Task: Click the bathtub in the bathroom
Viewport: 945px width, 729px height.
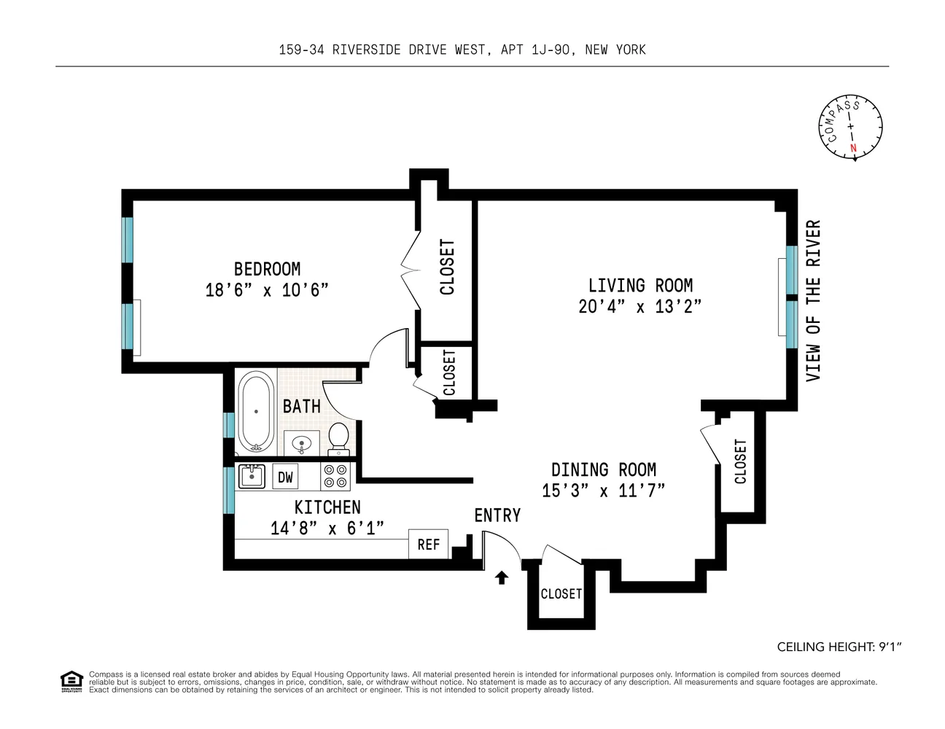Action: (x=256, y=411)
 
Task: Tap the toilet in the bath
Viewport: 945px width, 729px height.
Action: (x=338, y=439)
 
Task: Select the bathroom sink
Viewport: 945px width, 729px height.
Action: (x=301, y=443)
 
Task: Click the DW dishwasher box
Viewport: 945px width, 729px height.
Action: (x=285, y=477)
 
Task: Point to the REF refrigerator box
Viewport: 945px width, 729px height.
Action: (x=428, y=544)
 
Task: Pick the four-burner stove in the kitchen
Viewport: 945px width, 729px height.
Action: (x=335, y=476)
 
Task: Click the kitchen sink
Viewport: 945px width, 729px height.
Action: (x=252, y=477)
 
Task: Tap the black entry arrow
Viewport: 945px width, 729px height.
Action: (x=502, y=577)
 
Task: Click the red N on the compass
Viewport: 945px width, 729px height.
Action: (x=853, y=148)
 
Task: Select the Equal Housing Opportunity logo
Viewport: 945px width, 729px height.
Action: (x=71, y=682)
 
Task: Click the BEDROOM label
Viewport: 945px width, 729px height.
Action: (x=267, y=269)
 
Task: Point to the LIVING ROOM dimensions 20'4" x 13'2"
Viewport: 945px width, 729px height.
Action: (x=639, y=306)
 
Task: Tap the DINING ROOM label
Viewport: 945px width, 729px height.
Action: (x=604, y=470)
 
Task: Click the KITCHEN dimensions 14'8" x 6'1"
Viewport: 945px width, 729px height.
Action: (x=327, y=529)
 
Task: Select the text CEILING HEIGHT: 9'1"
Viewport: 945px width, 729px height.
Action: (x=839, y=647)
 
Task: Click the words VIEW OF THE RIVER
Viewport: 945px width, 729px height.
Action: (x=813, y=301)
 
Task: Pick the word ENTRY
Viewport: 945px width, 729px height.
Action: (x=497, y=515)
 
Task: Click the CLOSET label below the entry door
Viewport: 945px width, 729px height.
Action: (x=561, y=593)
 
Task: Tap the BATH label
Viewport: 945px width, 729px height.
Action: (x=301, y=407)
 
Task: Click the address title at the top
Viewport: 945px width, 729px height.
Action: (x=462, y=50)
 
